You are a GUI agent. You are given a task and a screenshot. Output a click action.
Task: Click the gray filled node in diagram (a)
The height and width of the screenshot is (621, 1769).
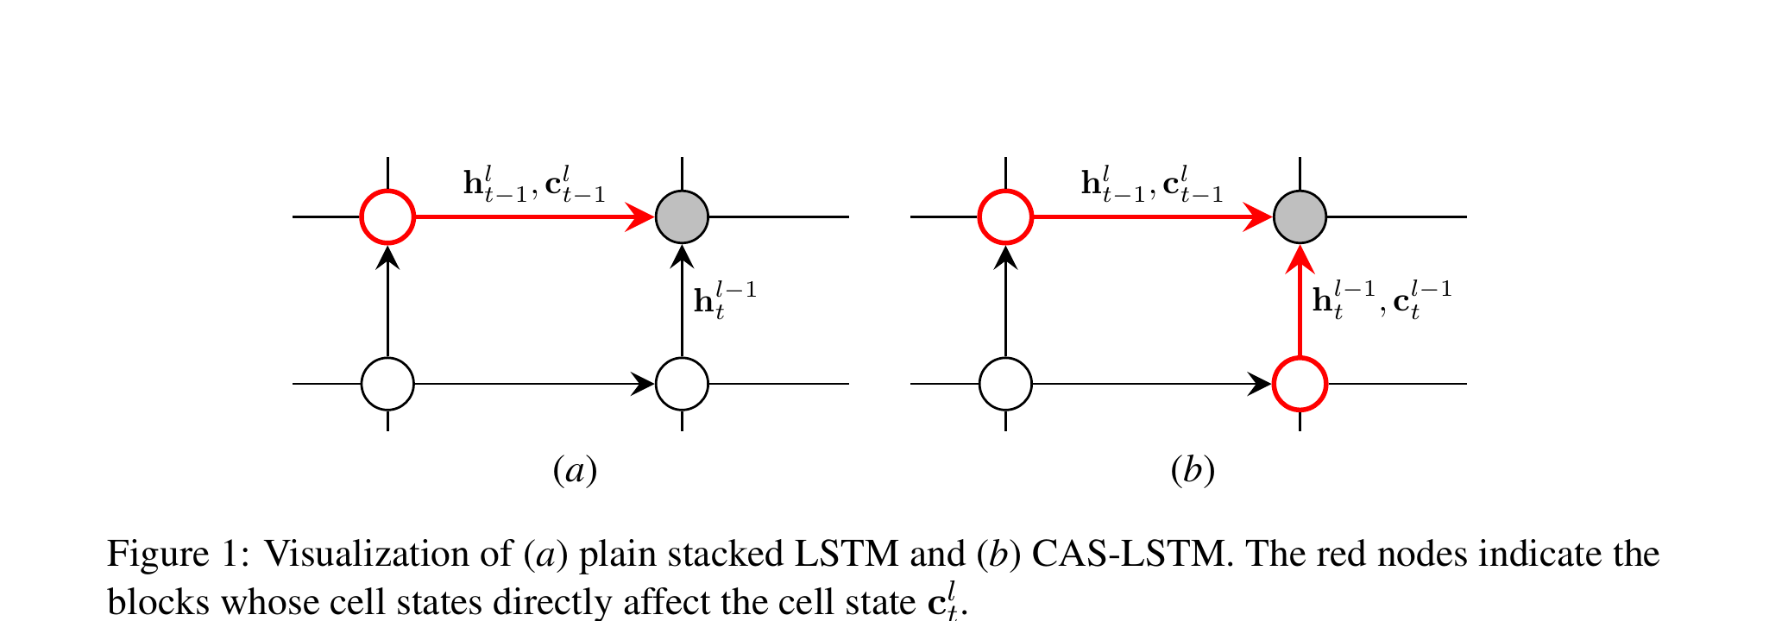click(682, 216)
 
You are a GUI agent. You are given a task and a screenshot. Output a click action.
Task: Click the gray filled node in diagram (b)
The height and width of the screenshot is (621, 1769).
click(1300, 216)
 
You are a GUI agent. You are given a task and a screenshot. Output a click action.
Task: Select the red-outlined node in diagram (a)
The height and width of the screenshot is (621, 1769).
click(387, 216)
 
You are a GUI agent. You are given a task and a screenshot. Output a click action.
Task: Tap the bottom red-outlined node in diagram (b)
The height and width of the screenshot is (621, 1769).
click(1300, 383)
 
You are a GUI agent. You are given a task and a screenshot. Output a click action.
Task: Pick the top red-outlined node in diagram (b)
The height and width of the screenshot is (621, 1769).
click(1005, 216)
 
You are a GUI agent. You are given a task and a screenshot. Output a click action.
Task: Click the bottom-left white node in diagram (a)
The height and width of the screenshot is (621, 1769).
click(387, 383)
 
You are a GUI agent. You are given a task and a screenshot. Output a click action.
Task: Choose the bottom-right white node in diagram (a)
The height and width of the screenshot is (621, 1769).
click(682, 383)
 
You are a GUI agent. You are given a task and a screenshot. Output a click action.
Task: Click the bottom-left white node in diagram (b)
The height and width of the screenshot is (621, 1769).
click(1005, 383)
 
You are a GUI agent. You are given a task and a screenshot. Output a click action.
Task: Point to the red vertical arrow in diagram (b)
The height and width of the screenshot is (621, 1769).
click(1300, 302)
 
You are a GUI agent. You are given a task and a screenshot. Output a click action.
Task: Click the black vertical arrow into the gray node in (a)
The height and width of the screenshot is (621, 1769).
click(682, 302)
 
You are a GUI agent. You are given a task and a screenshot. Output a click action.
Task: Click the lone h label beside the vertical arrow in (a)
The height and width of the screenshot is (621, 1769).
click(725, 302)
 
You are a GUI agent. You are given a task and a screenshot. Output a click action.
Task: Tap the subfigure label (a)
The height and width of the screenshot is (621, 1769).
click(574, 471)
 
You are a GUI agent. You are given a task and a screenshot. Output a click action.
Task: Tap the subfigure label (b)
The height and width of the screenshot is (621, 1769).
click(1193, 471)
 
